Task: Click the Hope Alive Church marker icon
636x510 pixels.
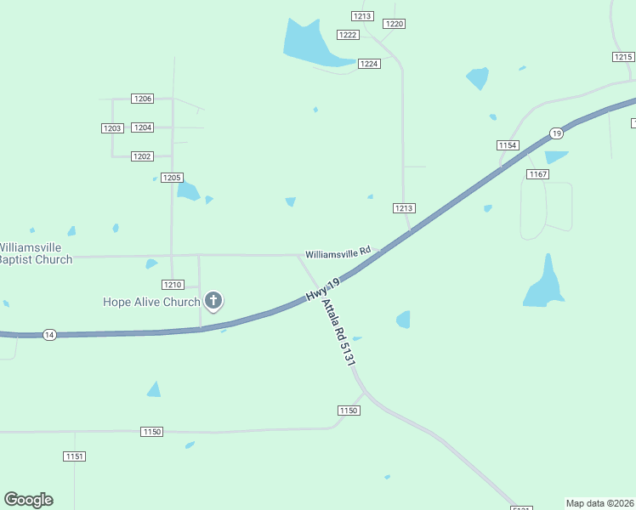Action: coord(213,300)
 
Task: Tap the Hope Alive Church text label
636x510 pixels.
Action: coord(151,302)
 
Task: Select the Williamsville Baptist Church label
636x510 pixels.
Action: coord(35,253)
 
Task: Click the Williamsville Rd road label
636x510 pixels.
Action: coord(338,252)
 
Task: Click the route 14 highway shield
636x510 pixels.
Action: coord(49,335)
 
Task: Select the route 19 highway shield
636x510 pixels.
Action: coord(556,133)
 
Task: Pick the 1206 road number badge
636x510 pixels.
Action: coord(143,99)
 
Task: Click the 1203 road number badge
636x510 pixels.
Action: coord(112,128)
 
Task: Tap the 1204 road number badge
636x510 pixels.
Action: coord(143,127)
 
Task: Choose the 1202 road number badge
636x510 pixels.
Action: coord(142,156)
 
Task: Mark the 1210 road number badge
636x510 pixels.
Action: coord(173,285)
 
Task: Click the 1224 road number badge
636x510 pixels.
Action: coord(369,64)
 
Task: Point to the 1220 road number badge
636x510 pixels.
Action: coord(394,24)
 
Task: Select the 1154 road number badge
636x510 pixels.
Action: coord(508,145)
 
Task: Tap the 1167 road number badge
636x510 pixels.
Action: coord(537,174)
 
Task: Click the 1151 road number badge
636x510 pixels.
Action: coord(74,456)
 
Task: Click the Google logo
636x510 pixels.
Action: coord(28,500)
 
